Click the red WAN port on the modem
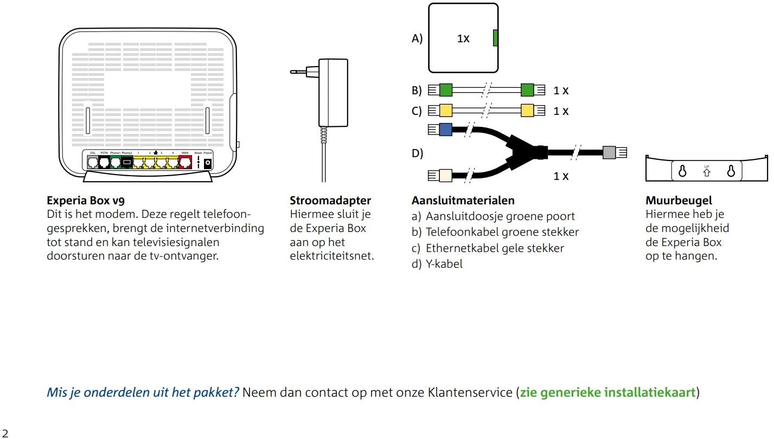pos(185,162)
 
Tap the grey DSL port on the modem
pos(92,162)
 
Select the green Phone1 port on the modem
pos(115,162)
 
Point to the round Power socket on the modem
pos(207,162)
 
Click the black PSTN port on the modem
pos(104,162)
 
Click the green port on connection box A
pos(495,38)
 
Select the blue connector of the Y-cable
pos(445,130)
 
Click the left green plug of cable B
pos(445,89)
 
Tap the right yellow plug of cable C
pos(527,111)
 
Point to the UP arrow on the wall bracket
pos(707,172)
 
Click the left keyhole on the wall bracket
pos(682,171)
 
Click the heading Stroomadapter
pos(330,201)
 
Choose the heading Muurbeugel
pos(679,201)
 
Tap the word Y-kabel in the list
pos(444,264)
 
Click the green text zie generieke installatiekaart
pos(607,392)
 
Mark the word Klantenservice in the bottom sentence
pos(470,392)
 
